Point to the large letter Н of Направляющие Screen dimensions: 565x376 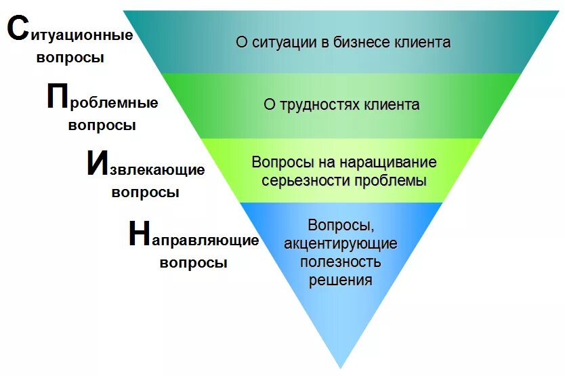[x=138, y=234]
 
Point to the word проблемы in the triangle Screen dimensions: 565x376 [x=393, y=181]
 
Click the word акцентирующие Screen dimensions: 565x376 [x=341, y=243]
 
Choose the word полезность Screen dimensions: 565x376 [x=341, y=262]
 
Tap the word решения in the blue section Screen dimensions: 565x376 [x=341, y=279]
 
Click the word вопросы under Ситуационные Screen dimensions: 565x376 [x=70, y=58]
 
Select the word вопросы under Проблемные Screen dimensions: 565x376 [x=102, y=125]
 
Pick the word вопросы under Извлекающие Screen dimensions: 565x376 [x=145, y=192]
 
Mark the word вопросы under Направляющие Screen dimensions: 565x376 [x=193, y=262]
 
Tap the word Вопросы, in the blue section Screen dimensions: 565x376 [x=341, y=225]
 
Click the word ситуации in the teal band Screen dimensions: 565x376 [x=281, y=43]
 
